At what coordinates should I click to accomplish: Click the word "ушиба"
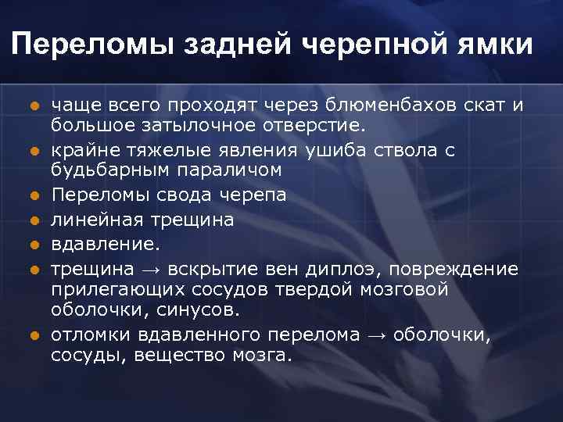coord(371,149)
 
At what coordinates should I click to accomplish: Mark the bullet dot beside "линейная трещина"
coord(34,221)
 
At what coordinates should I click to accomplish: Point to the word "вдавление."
coord(106,245)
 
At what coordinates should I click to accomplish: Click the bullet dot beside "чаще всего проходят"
coord(34,107)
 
